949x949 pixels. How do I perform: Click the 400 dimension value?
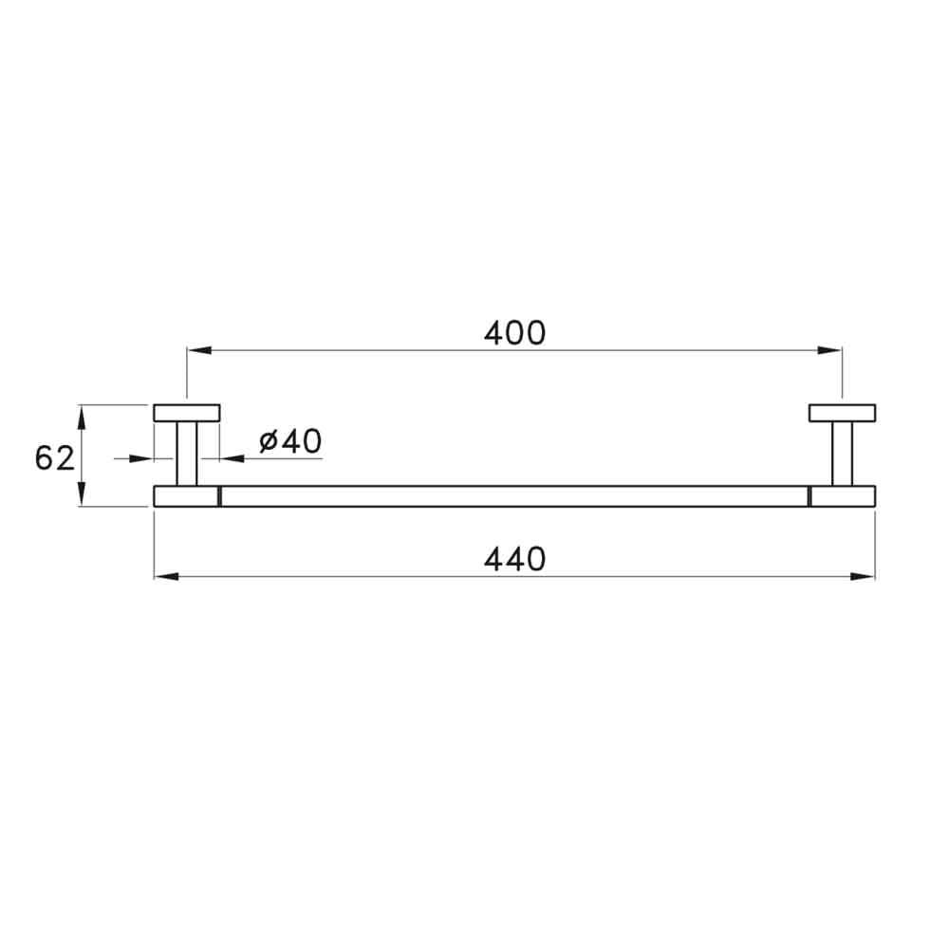tap(514, 333)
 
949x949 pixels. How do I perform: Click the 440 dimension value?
tap(514, 559)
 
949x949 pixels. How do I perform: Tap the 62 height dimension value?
tap(54, 458)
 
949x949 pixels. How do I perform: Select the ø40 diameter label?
tap(290, 441)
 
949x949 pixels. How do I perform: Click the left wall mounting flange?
tap(187, 413)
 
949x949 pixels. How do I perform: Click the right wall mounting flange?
tap(842, 413)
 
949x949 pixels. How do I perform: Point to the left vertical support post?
tap(187, 454)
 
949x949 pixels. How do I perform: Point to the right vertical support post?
tap(842, 454)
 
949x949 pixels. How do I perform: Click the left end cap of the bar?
tap(186, 496)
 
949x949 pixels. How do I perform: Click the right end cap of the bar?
tap(843, 496)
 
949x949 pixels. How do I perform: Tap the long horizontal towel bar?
tap(513, 496)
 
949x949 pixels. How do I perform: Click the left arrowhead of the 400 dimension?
tap(197, 351)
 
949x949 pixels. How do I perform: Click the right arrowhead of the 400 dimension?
tap(831, 351)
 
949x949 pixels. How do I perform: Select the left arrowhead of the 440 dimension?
tap(165, 576)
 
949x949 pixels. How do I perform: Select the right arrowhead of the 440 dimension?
tap(864, 576)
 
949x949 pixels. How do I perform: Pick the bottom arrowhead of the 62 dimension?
tap(83, 494)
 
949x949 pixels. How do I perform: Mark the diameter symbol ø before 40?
tap(268, 441)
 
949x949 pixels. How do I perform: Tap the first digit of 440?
tap(493, 559)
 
